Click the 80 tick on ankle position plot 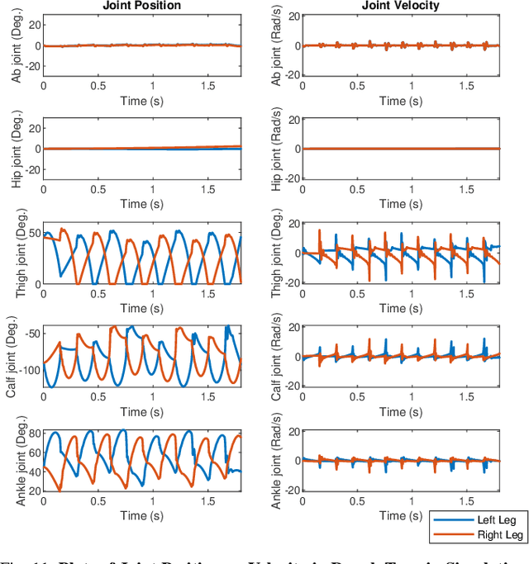click(32, 433)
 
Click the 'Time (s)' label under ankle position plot click(143, 515)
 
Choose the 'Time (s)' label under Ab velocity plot click(402, 100)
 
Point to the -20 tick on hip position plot click(30, 169)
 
